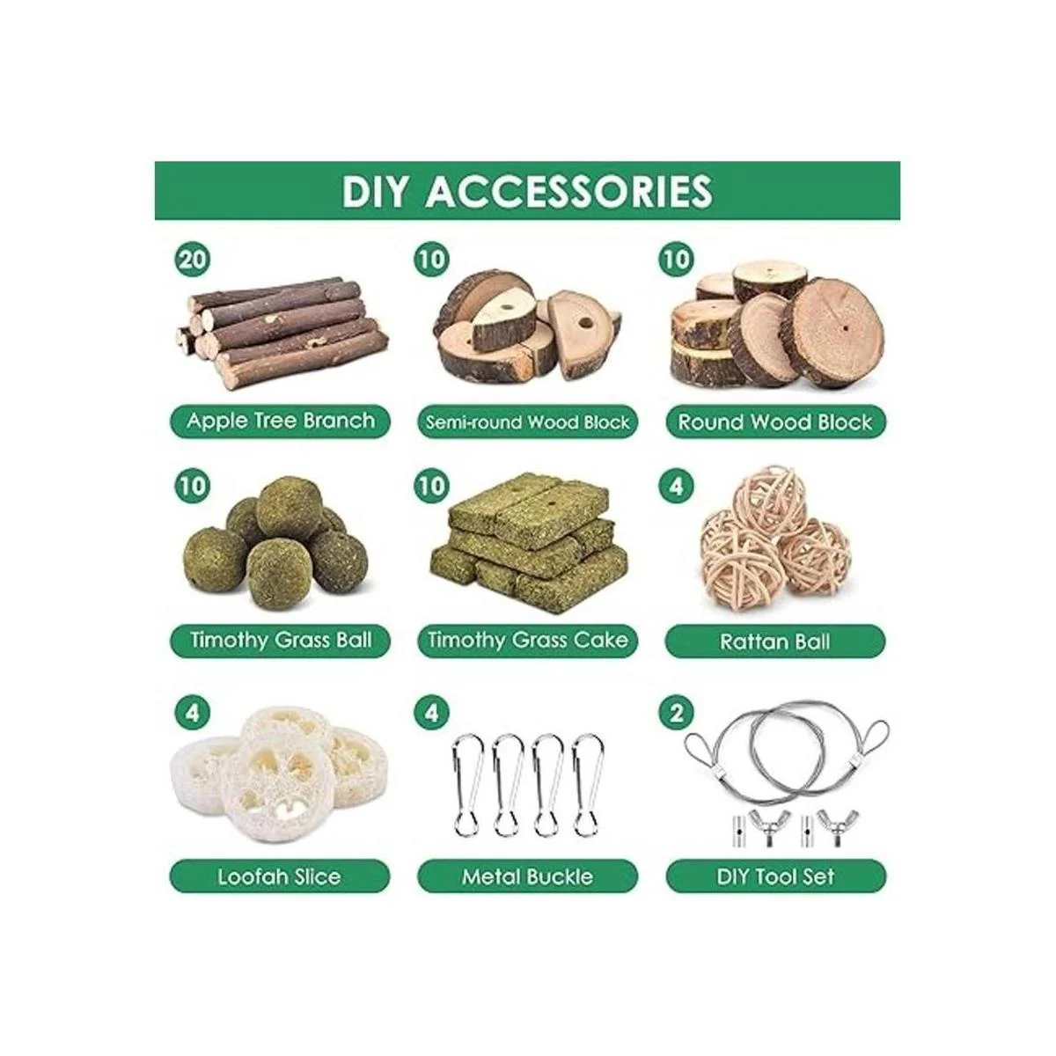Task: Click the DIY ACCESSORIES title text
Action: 527,191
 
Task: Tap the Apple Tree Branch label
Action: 280,422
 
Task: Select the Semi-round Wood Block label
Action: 528,422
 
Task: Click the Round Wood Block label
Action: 775,422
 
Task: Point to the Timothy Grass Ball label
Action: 280,640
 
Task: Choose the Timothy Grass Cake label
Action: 528,640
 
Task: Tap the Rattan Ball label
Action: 775,642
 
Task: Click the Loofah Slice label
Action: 280,876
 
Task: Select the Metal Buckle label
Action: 528,876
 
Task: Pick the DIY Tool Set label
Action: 775,876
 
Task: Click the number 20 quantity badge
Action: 193,259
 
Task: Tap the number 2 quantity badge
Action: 676,713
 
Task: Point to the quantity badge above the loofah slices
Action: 193,713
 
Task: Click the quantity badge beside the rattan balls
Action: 676,486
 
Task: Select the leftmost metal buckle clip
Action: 467,785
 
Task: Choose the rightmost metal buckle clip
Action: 588,785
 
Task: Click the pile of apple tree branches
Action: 282,332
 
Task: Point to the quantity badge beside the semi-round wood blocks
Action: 431,259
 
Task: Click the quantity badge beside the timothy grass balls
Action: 193,486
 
